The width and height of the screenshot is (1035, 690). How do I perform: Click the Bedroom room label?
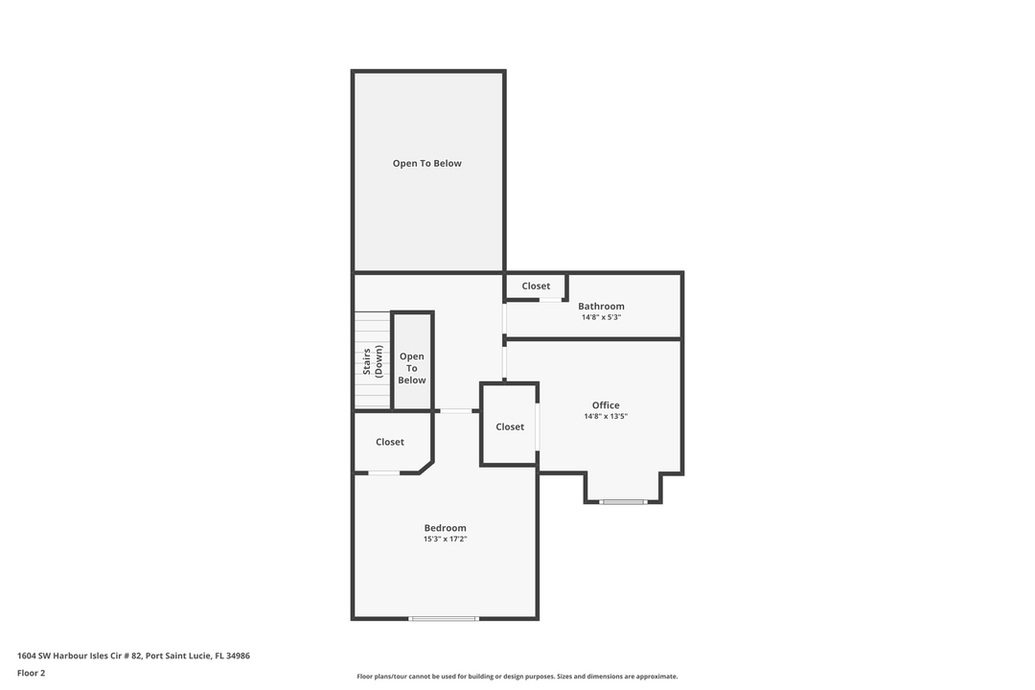(445, 528)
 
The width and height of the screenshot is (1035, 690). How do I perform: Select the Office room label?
(606, 405)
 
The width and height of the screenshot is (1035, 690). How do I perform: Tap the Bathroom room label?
(601, 307)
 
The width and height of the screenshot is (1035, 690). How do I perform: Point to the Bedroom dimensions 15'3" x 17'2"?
(445, 540)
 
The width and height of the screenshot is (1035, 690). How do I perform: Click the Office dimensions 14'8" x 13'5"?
(606, 417)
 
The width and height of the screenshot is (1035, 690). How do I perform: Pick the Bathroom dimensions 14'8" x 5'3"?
(601, 317)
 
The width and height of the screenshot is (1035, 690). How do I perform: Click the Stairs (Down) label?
(372, 362)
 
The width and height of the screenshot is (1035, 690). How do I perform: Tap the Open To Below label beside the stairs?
(412, 368)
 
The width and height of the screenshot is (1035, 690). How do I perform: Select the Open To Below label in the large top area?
(427, 163)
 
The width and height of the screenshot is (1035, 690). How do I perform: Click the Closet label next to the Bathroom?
(536, 286)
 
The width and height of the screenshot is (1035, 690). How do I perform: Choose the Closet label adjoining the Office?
(510, 426)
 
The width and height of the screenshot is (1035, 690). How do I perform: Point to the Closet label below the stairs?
(390, 442)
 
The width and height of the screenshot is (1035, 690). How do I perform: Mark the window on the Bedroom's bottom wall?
(444, 618)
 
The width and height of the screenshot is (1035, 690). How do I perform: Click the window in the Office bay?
(624, 501)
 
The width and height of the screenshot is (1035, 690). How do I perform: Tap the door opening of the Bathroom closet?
(550, 300)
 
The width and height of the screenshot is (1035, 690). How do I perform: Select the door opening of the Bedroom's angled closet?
(384, 472)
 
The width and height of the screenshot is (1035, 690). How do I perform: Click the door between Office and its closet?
(538, 426)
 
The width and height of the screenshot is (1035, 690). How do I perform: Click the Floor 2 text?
(31, 673)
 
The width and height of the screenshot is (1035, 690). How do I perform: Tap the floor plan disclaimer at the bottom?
(517, 677)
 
